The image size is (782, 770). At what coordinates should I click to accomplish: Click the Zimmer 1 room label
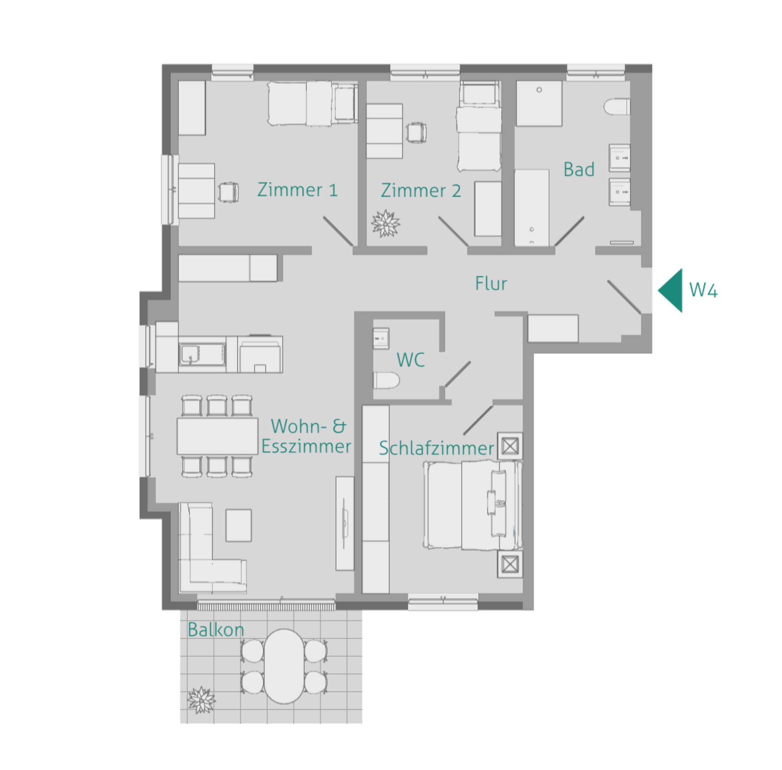coord(297,190)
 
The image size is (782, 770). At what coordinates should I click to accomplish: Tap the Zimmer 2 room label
coord(421,191)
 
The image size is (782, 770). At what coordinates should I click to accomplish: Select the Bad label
coord(579,169)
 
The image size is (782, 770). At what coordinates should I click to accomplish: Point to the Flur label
coord(491,283)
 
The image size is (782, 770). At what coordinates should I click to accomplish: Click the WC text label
coord(411,360)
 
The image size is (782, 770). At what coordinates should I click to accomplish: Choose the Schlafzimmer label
coord(436,448)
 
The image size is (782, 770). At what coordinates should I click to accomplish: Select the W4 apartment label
coord(703,290)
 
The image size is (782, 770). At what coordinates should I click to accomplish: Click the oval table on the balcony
coord(284,666)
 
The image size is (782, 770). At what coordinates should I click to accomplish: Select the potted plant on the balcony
coord(201,700)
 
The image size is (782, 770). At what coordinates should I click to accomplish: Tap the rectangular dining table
coord(217,436)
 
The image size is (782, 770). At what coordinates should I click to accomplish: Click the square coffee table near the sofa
coord(239,525)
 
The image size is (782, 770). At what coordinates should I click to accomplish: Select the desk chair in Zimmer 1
coord(228,192)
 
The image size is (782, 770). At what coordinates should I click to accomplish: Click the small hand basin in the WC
coord(381,338)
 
